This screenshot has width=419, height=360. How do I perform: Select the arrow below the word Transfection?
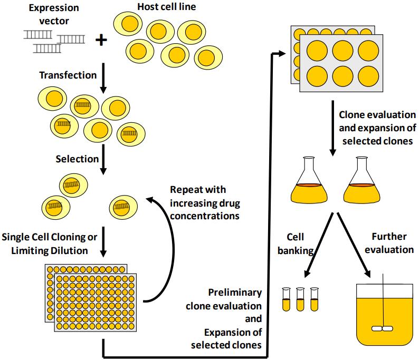(x=104, y=76)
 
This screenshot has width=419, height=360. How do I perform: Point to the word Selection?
(x=77, y=159)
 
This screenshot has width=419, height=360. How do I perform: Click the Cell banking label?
(x=295, y=244)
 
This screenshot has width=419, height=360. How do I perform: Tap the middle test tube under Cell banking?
(x=300, y=299)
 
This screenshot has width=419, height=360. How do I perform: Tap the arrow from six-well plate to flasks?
(x=331, y=130)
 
